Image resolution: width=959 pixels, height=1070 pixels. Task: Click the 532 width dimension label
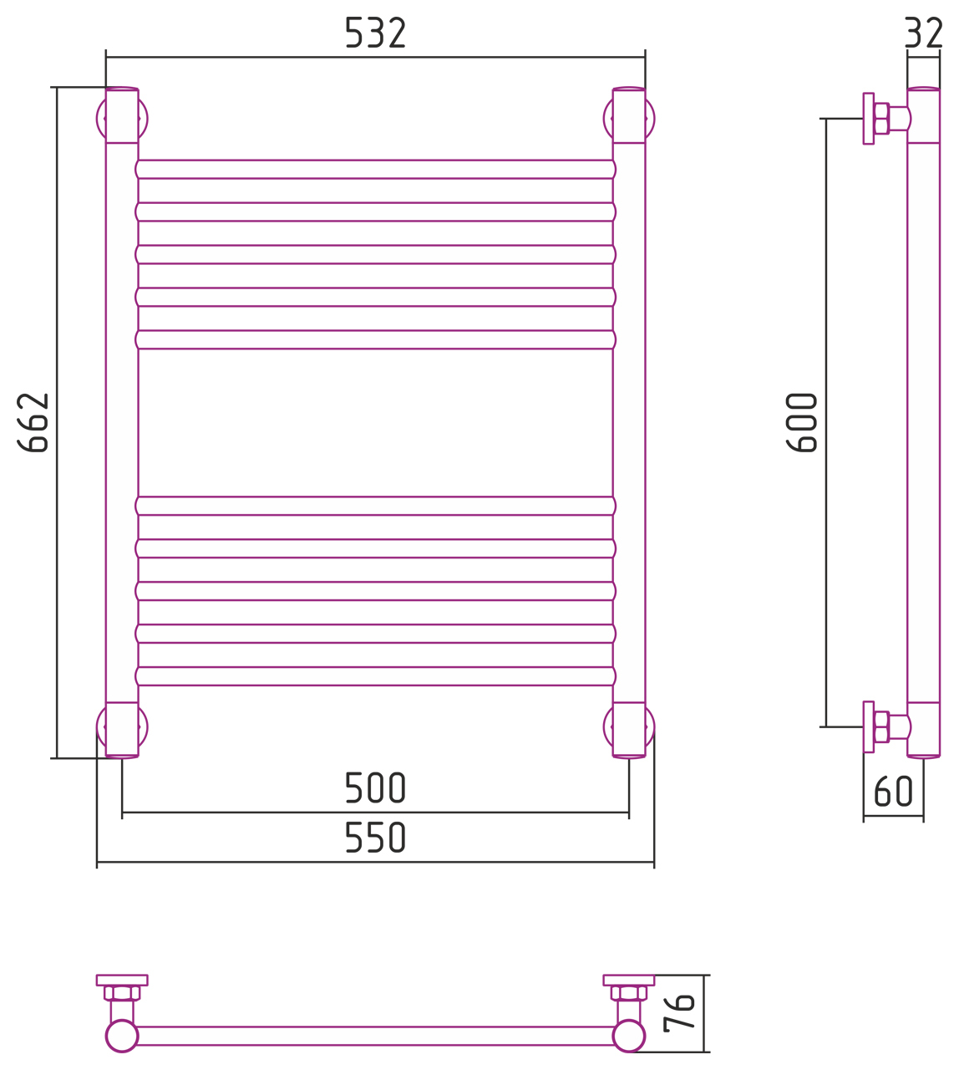click(x=375, y=33)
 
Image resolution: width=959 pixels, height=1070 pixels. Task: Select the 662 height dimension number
click(x=33, y=422)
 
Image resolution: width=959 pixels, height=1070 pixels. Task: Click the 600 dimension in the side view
click(x=802, y=422)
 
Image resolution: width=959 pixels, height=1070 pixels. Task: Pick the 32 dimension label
click(x=924, y=33)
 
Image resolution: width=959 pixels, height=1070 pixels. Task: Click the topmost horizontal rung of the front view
click(x=375, y=170)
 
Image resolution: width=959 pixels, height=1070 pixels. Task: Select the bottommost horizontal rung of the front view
click(x=375, y=676)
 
